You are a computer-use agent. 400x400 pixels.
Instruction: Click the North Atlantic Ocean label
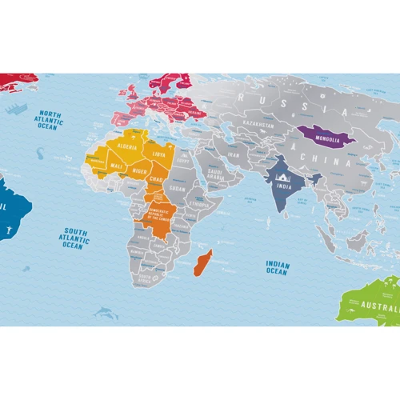pyautogui.click(x=48, y=120)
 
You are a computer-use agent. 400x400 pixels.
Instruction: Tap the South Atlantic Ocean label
pyautogui.click(x=72, y=238)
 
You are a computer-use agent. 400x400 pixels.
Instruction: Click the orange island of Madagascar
pyautogui.click(x=202, y=262)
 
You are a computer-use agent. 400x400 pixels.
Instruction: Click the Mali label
pyautogui.click(x=117, y=166)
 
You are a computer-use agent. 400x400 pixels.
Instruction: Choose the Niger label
pyautogui.click(x=139, y=170)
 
